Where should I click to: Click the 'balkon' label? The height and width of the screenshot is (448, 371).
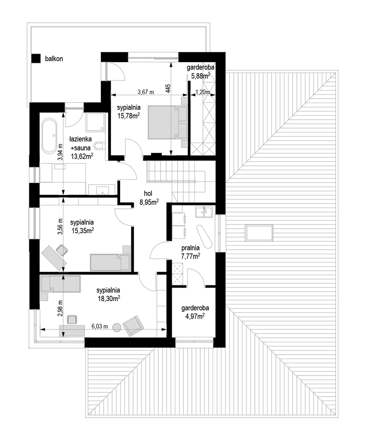pos(54,59)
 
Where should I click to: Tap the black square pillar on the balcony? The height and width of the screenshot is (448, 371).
pos(36,59)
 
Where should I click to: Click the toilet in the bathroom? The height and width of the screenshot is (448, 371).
pos(100,146)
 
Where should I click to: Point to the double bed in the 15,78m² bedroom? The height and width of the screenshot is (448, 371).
pos(168,122)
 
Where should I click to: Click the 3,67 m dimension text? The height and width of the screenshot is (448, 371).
pos(145,92)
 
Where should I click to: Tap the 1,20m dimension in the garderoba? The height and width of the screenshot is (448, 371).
pos(202,92)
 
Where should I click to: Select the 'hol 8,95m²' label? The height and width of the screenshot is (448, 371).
pos(149,198)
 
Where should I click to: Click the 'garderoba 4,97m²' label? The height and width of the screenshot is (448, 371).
pos(195,312)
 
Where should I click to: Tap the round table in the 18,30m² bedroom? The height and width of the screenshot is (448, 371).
pos(117,327)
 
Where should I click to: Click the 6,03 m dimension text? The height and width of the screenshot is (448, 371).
pos(100,326)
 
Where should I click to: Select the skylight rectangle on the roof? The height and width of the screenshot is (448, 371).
pos(259,232)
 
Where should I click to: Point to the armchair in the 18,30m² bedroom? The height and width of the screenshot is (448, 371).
pos(133,325)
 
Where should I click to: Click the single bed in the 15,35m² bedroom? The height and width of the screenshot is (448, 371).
pos(110,262)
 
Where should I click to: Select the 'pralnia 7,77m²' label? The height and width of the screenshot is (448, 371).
pos(190,252)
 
